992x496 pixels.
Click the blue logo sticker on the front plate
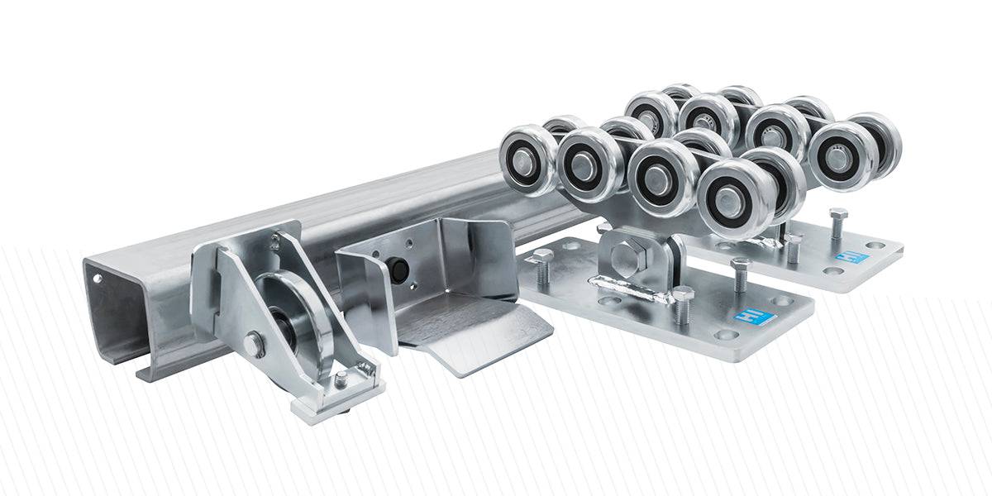[x=746, y=317]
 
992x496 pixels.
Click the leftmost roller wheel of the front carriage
[x=527, y=160]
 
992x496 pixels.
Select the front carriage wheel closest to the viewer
[x=731, y=198]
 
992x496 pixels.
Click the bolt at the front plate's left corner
[x=543, y=265]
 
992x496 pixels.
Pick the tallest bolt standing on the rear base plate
[x=837, y=222]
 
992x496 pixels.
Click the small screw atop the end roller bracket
[x=273, y=241]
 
